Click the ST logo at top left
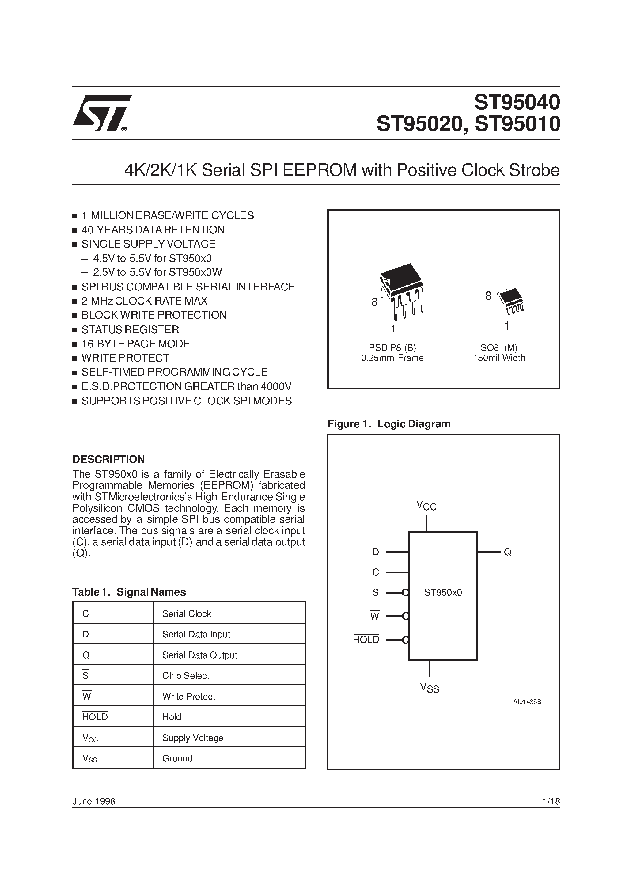tap(101, 113)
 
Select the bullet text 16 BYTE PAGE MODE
tap(135, 344)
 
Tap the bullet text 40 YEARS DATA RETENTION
tap(153, 230)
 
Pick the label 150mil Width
tap(499, 358)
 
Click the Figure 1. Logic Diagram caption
tap(389, 424)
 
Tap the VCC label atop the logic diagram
tap(426, 506)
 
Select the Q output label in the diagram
tap(507, 552)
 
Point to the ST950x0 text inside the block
tap(443, 592)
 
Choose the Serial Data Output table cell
tap(199, 655)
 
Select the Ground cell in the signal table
tap(178, 758)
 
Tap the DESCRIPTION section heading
tap(108, 459)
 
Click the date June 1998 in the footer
tap(94, 801)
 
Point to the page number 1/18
tap(551, 801)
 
